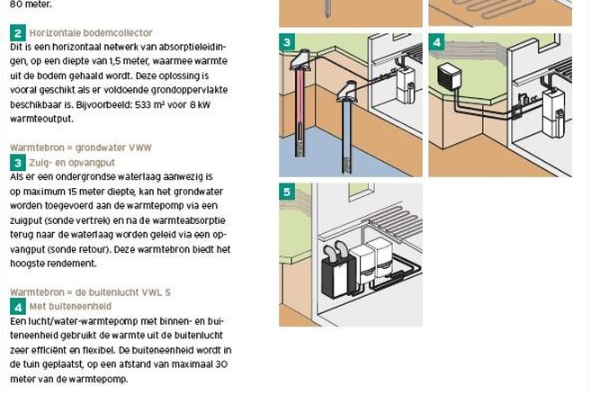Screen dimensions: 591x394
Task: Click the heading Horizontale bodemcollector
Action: point(91,32)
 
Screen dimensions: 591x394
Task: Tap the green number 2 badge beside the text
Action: point(18,33)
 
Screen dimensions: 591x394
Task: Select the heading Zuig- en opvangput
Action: point(72,163)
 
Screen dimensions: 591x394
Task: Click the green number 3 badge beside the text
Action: point(18,163)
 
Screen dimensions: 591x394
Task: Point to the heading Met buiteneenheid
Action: point(70,306)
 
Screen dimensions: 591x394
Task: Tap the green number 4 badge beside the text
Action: point(18,307)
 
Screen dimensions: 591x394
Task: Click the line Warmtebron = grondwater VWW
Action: point(81,148)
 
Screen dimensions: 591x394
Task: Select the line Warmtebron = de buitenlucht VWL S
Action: point(91,292)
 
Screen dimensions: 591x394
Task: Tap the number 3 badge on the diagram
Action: point(287,42)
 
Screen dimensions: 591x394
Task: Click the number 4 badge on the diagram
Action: point(437,42)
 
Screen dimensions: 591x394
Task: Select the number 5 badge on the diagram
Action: point(287,192)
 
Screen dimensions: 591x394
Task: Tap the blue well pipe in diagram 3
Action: point(346,136)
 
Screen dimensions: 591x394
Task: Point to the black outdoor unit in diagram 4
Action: point(449,76)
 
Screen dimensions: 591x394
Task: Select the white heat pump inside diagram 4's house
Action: point(552,112)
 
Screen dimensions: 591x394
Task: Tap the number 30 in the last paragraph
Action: point(222,364)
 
